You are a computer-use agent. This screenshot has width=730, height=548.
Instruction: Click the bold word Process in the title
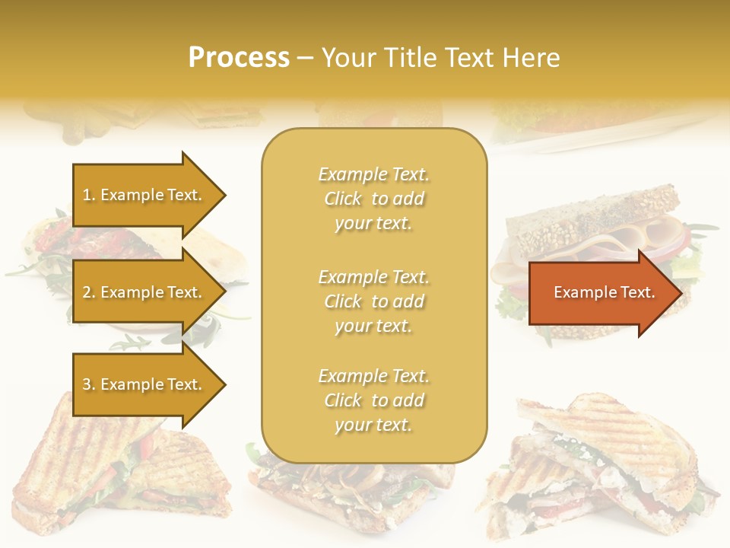(239, 58)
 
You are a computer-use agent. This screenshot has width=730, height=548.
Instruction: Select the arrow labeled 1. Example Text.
(142, 195)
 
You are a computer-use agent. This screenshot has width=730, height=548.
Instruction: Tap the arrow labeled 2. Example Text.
(142, 292)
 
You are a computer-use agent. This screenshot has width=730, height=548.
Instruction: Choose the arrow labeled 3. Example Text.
(142, 384)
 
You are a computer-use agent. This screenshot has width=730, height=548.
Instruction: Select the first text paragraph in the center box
(373, 199)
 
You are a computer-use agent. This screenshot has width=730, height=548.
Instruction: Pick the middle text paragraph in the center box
(373, 301)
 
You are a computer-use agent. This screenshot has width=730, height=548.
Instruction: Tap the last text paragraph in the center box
(373, 400)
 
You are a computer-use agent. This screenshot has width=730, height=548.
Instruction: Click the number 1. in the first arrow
(89, 195)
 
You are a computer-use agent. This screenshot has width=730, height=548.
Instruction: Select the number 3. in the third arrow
(89, 384)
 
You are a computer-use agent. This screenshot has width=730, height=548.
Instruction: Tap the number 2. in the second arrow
(89, 292)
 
